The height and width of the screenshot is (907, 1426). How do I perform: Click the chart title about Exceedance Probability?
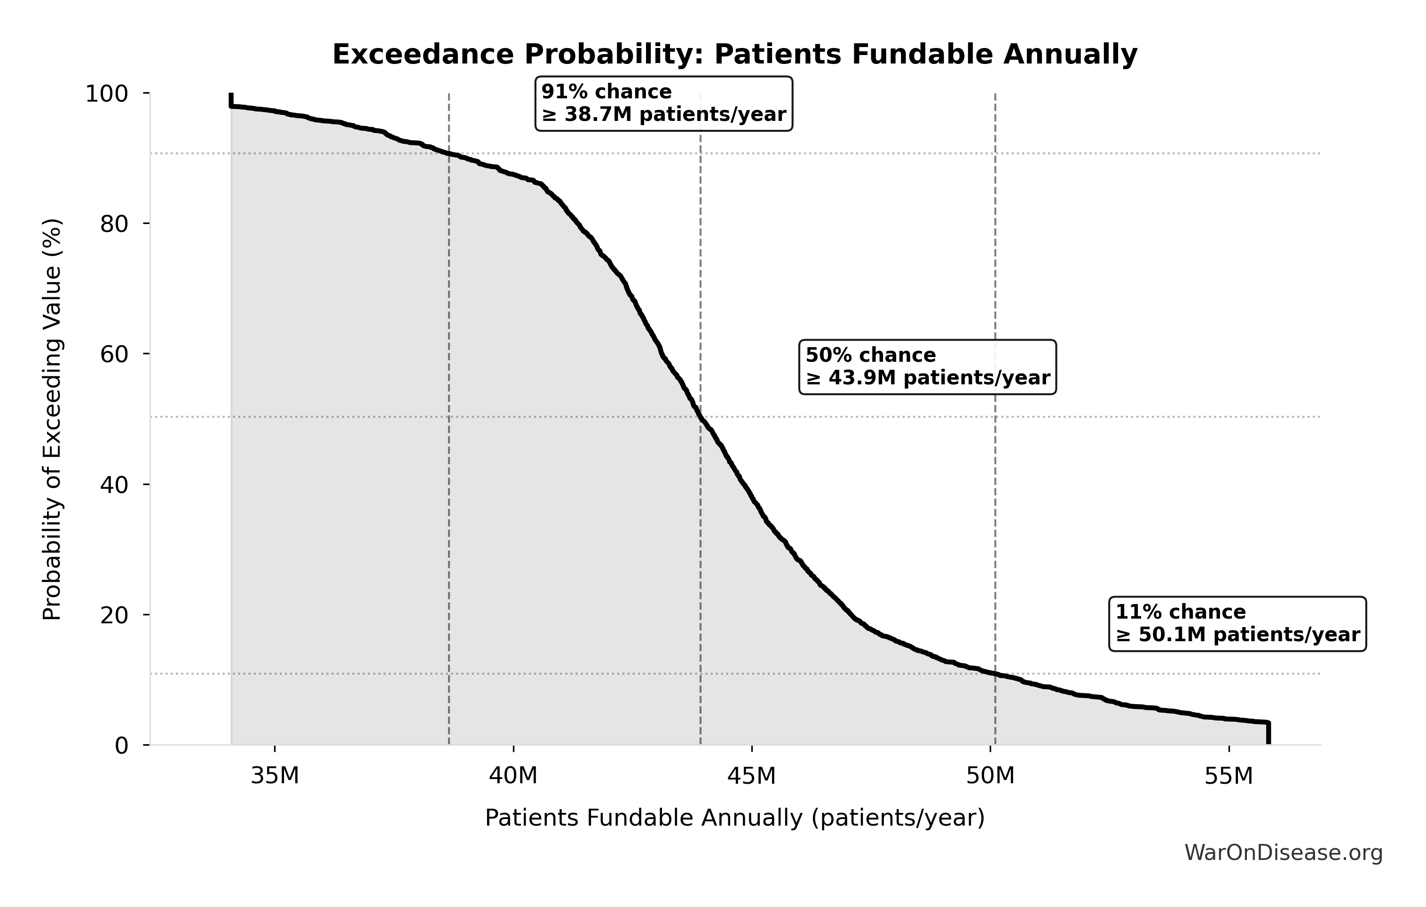[x=734, y=55]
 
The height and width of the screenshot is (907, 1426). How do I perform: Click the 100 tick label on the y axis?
[x=107, y=94]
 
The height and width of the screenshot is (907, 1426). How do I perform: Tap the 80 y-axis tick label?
[x=114, y=224]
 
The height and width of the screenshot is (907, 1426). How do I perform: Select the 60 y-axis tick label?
[x=114, y=354]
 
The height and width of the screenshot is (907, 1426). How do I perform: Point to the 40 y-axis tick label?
[x=114, y=485]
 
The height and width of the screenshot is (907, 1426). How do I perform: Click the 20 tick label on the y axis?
[x=114, y=615]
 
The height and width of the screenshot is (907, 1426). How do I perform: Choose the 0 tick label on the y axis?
[x=121, y=745]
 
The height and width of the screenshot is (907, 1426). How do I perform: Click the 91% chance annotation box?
[x=663, y=103]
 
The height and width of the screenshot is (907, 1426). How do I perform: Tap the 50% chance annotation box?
[x=927, y=367]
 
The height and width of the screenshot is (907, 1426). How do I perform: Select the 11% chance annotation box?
[x=1237, y=624]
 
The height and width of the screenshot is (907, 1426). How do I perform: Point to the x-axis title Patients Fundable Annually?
[x=734, y=818]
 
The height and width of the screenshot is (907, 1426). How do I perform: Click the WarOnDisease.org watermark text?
[x=1283, y=852]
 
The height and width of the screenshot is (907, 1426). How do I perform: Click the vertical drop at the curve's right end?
[x=1268, y=733]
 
